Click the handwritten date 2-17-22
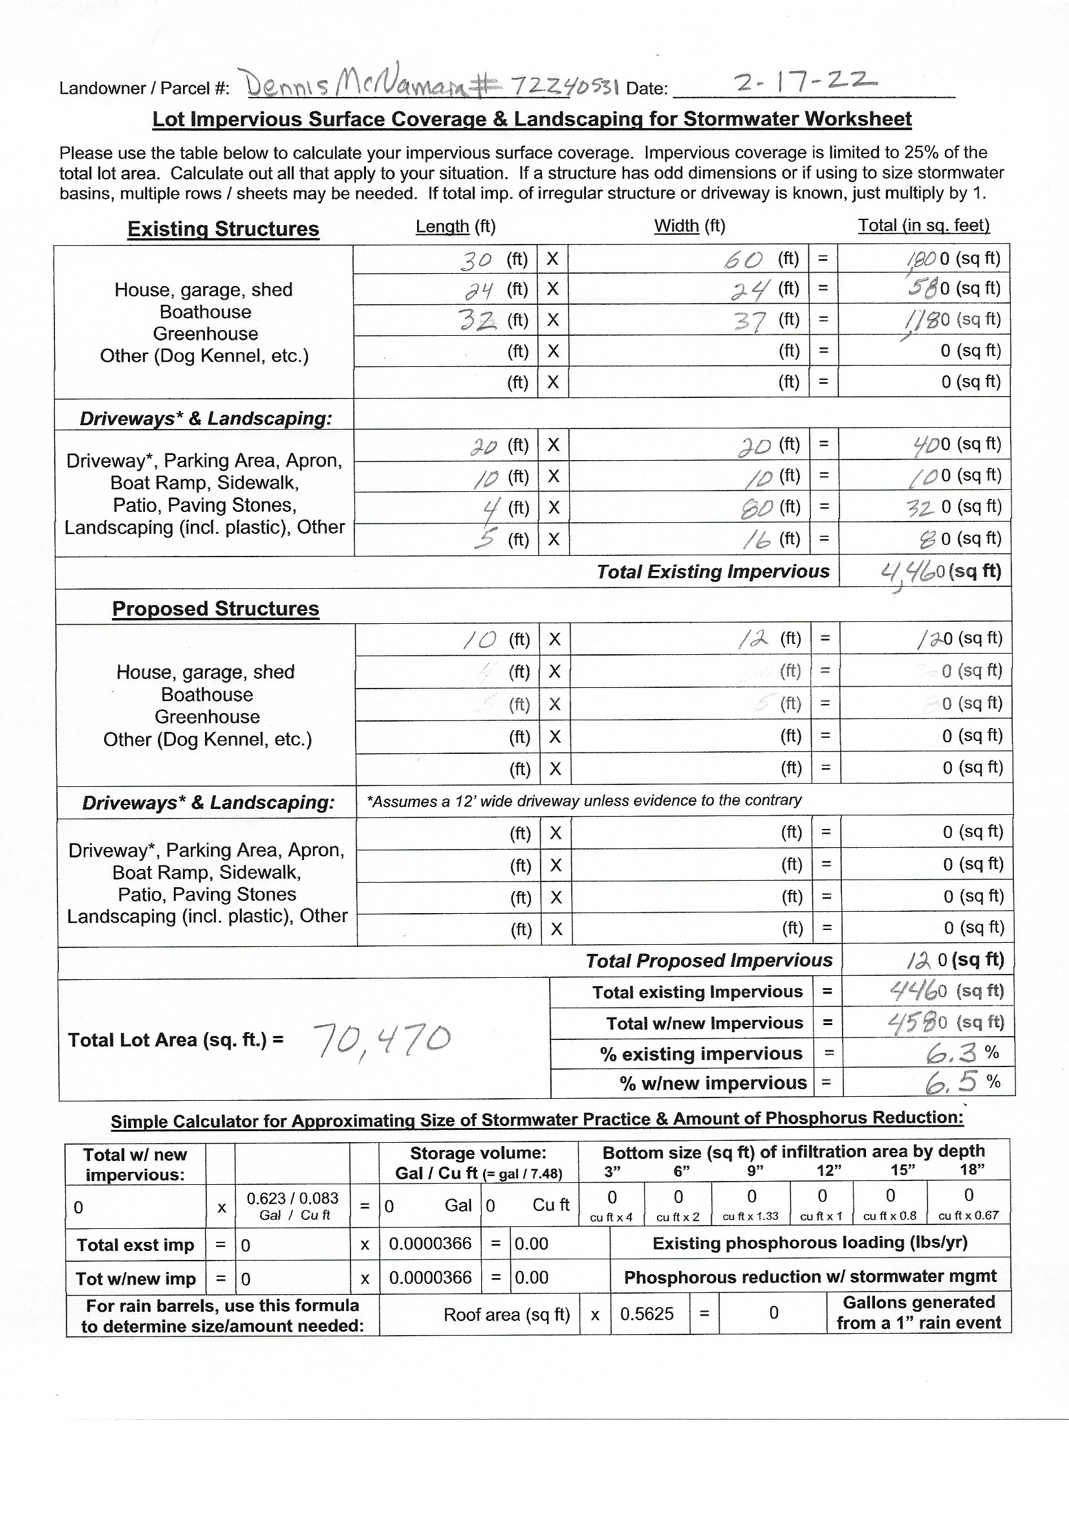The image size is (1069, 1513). click(805, 83)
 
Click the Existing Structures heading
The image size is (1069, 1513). click(222, 228)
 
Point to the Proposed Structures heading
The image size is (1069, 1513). click(215, 608)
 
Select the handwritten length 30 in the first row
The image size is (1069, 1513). click(475, 260)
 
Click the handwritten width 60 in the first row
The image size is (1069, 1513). click(744, 260)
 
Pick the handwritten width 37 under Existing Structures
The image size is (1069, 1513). click(750, 322)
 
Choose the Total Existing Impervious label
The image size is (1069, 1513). click(713, 571)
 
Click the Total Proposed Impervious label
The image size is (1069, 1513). click(709, 961)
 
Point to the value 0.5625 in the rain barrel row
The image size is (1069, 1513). click(647, 1314)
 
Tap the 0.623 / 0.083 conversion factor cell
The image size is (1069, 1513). click(292, 1206)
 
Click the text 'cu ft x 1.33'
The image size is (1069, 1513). click(750, 1217)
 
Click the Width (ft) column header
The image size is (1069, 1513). click(689, 226)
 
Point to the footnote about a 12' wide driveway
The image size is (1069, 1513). click(584, 801)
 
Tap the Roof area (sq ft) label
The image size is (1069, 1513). click(506, 1314)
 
